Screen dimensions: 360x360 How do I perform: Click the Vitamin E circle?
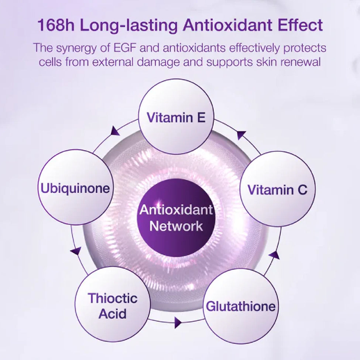pos(176,117)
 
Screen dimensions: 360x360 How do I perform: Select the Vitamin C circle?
pos(278,189)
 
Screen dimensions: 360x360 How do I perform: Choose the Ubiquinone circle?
pos(76,188)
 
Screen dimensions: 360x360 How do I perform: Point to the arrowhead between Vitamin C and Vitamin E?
pos(241,135)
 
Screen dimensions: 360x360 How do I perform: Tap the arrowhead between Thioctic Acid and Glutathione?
pos(178,323)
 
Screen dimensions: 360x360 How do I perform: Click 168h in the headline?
pos(56,25)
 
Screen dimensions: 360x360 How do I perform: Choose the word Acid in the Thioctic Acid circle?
pos(113,313)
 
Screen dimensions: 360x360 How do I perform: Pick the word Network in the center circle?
pos(176,226)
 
